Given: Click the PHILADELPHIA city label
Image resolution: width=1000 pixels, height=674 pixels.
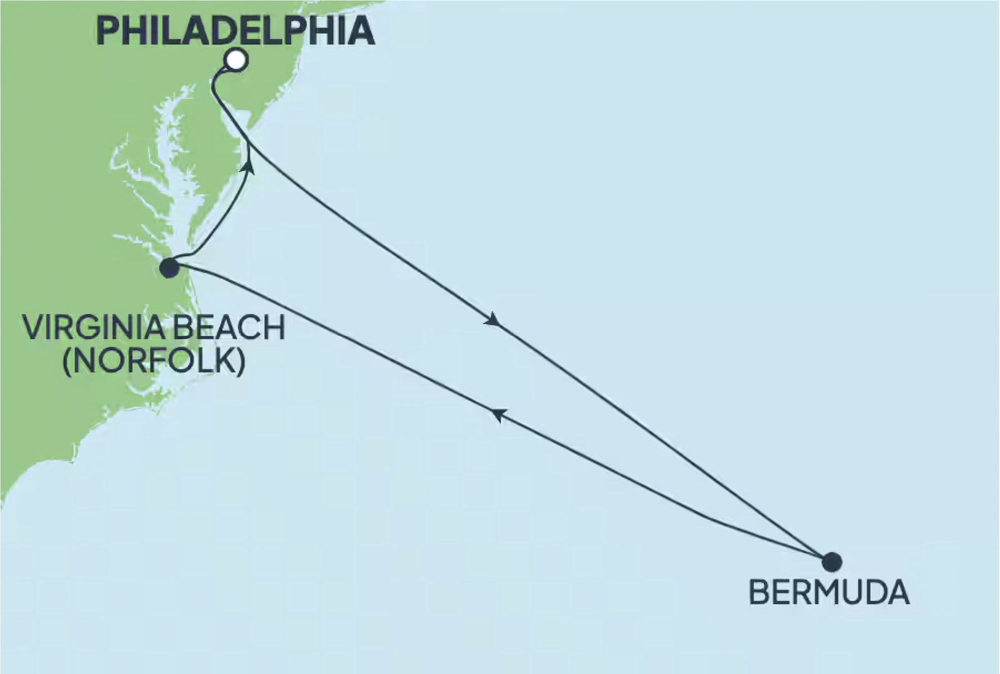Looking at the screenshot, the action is click(235, 31).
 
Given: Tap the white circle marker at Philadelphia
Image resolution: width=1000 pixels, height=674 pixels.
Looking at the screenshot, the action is click(237, 61).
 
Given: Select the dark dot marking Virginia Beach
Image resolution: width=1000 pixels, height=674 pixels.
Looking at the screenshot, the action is click(169, 268).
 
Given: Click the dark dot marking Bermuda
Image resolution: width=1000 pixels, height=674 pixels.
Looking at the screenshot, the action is click(831, 562).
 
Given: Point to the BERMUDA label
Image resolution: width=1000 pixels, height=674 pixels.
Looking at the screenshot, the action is click(828, 592).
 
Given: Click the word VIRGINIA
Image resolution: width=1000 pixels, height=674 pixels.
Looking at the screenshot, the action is click(87, 328).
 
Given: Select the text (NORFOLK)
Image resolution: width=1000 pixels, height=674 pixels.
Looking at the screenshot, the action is click(154, 360).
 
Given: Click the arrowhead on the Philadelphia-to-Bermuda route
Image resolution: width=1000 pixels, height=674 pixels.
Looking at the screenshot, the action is click(493, 320).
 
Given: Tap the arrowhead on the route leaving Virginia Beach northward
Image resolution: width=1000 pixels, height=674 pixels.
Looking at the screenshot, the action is click(248, 165).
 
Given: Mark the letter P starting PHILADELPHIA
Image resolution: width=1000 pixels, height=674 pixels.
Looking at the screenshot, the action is click(108, 31).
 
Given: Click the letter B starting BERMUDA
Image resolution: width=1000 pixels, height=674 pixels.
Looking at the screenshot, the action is click(758, 592).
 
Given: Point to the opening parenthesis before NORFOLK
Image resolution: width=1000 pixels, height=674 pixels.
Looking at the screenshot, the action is click(67, 360).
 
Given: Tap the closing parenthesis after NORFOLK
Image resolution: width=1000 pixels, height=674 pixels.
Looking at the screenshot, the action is click(241, 360).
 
